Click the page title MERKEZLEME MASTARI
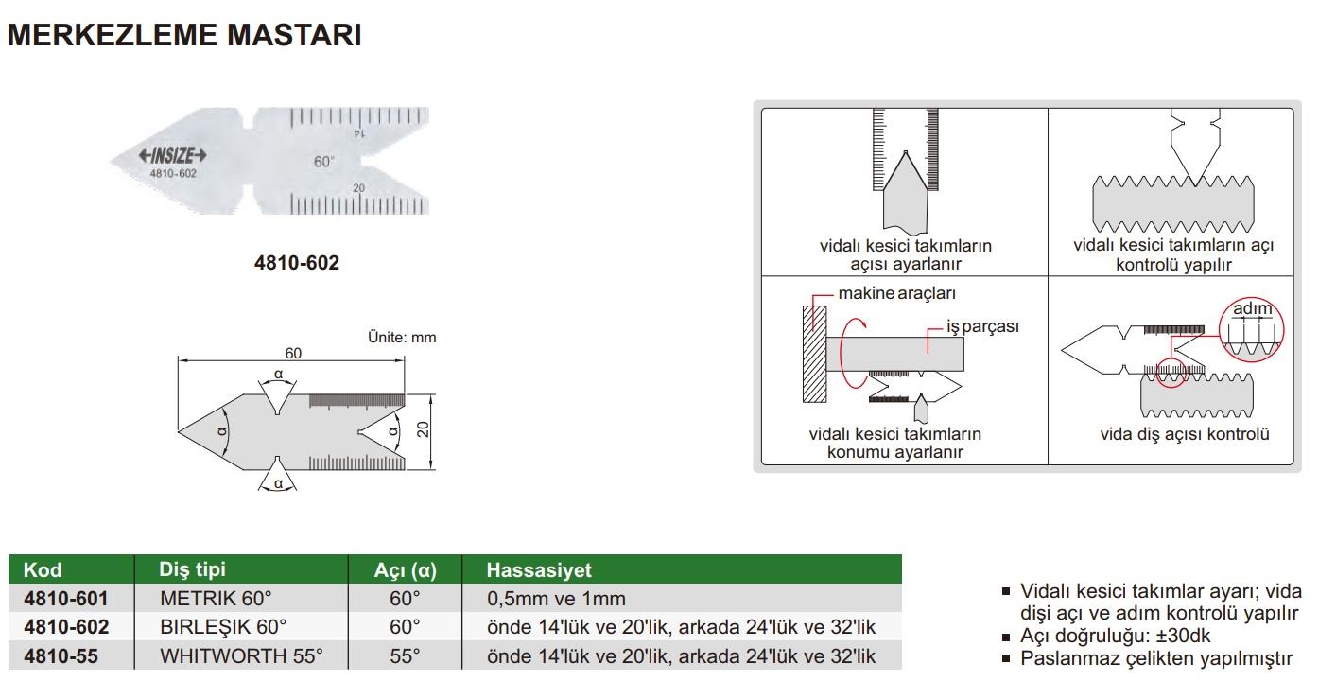pyautogui.click(x=184, y=35)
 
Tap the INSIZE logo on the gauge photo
pyautogui.click(x=172, y=156)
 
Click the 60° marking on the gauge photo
pyautogui.click(x=324, y=162)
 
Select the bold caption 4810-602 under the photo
pyautogui.click(x=297, y=262)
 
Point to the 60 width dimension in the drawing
pyautogui.click(x=293, y=353)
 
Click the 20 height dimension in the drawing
pyautogui.click(x=423, y=429)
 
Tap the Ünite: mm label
pyautogui.click(x=402, y=338)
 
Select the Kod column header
pyautogui.click(x=43, y=570)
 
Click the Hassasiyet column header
pyautogui.click(x=539, y=570)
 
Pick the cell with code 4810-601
pyautogui.click(x=66, y=598)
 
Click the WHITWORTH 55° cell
pyautogui.click(x=241, y=656)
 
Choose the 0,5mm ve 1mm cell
pyautogui.click(x=557, y=598)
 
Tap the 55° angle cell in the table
pyautogui.click(x=405, y=656)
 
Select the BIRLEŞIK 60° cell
pyautogui.click(x=223, y=627)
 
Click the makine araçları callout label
pyautogui.click(x=897, y=293)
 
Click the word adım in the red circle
pyautogui.click(x=1253, y=308)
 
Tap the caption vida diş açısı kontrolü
pyautogui.click(x=1185, y=434)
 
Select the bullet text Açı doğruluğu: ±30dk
pyautogui.click(x=1116, y=636)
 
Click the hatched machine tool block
pyautogui.click(x=814, y=355)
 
